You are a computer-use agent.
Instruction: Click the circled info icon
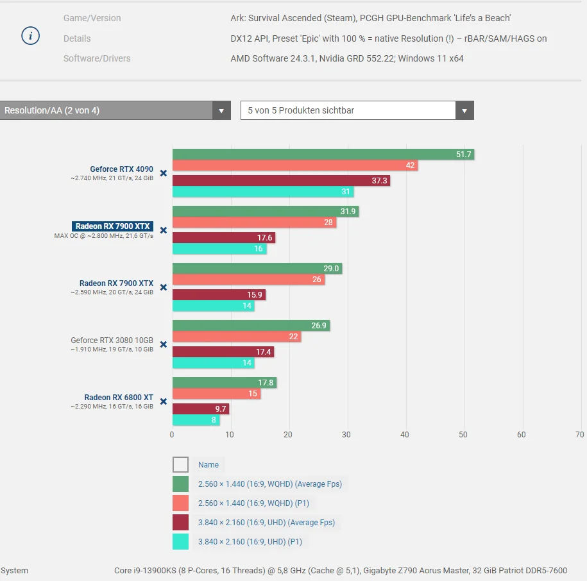tap(30, 36)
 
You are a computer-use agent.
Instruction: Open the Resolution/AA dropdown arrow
tap(221, 110)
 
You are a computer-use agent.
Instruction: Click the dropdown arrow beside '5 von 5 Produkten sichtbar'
tap(464, 110)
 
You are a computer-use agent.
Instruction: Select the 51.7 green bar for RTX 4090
tap(323, 154)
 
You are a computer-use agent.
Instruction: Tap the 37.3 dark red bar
tap(281, 181)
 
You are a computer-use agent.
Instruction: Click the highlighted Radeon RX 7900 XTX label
tap(112, 226)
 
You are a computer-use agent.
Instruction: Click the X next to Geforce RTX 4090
tap(164, 173)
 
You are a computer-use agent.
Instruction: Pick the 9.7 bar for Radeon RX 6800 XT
tap(201, 409)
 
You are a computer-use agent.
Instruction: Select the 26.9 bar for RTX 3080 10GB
tap(251, 326)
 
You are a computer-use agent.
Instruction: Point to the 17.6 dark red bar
tap(224, 237)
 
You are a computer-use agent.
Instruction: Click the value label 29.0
tap(331, 269)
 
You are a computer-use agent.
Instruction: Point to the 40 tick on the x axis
tap(405, 435)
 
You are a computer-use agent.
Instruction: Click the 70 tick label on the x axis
tap(580, 435)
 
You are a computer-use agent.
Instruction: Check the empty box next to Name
tap(180, 465)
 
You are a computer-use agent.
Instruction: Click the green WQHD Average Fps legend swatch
tap(180, 484)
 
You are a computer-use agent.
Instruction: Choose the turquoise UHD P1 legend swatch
tap(180, 542)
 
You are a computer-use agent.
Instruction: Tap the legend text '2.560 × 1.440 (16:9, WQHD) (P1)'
tap(253, 503)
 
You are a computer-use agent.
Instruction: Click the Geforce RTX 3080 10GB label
tap(112, 340)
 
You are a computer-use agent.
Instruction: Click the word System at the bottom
tap(14, 571)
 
